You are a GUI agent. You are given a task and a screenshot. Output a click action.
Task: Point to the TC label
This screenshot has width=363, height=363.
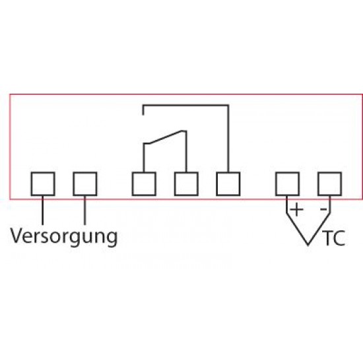(x=335, y=238)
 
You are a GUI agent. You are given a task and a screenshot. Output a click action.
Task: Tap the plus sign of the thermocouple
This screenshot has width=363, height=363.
(x=296, y=209)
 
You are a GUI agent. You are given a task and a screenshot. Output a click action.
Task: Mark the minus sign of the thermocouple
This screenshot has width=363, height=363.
(x=323, y=209)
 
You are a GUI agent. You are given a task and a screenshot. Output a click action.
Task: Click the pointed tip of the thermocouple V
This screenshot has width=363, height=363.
(x=308, y=245)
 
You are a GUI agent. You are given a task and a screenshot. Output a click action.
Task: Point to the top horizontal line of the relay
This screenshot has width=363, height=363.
(x=185, y=106)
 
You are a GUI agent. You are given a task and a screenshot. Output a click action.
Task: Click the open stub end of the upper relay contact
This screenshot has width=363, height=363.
(x=143, y=115)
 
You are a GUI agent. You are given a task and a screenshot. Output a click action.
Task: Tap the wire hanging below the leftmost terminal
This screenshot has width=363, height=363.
(x=43, y=210)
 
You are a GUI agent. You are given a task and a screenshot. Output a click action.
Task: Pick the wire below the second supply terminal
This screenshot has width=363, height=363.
(x=84, y=210)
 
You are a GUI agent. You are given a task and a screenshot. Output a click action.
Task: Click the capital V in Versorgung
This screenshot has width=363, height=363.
(x=17, y=236)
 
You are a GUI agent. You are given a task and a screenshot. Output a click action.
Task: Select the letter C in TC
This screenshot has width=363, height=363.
(x=339, y=238)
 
